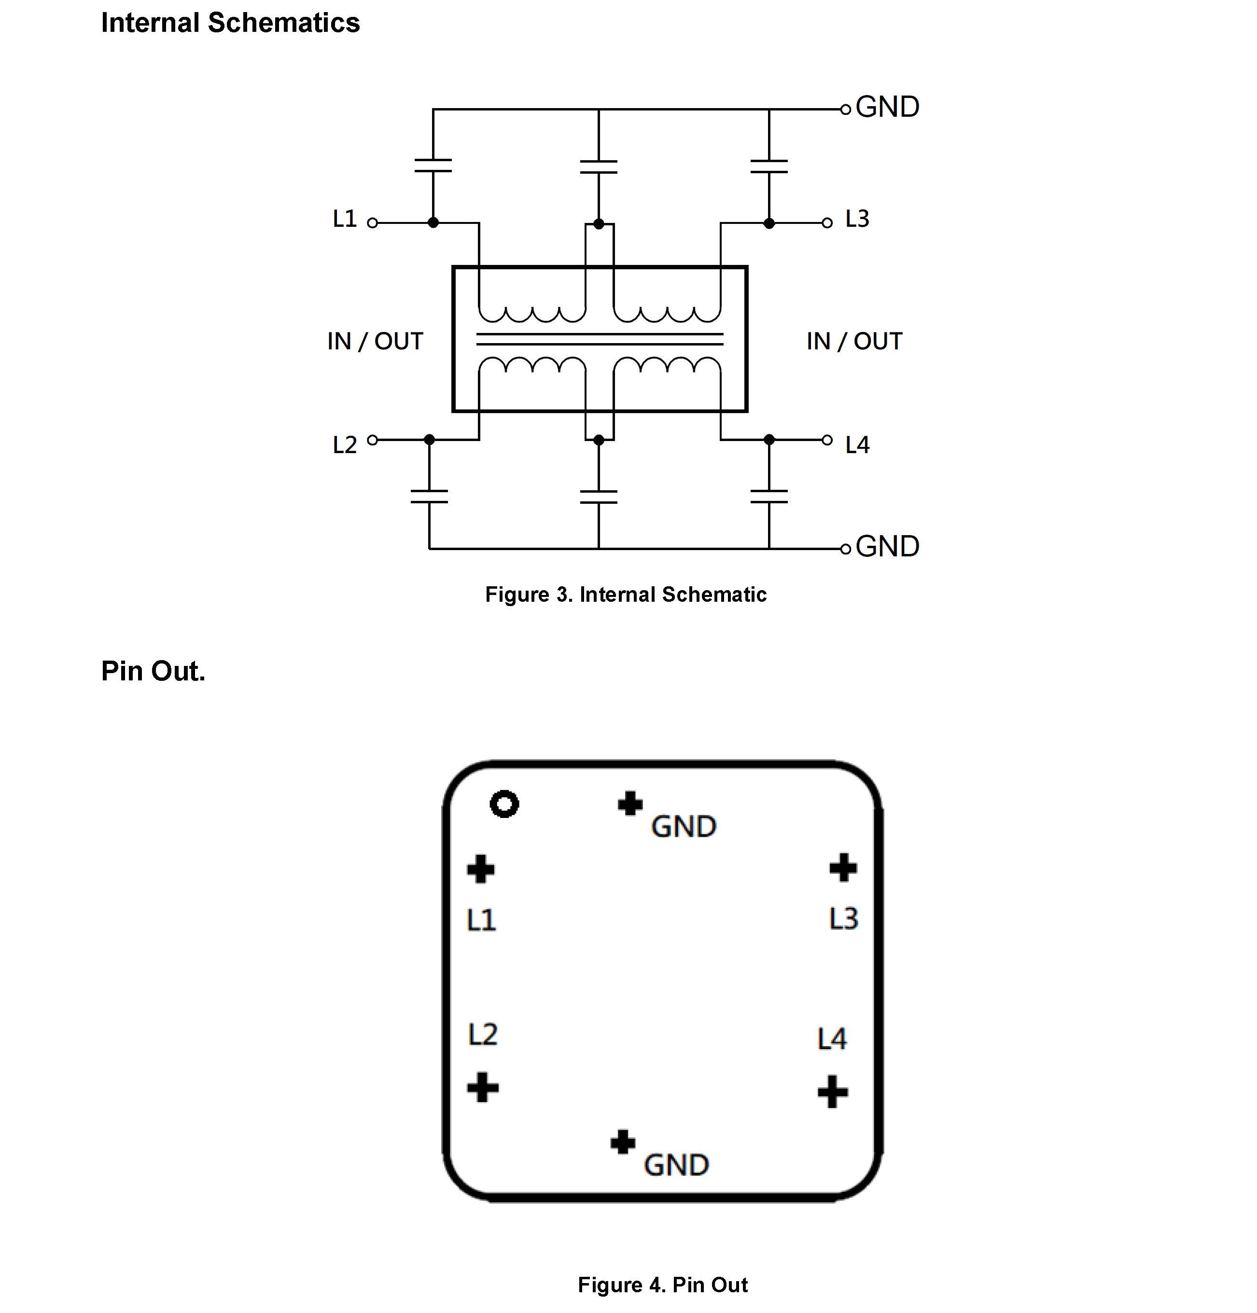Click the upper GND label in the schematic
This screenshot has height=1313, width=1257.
pyautogui.click(x=887, y=107)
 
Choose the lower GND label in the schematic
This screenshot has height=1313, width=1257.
pyautogui.click(x=887, y=547)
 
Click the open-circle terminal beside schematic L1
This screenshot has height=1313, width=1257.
pyautogui.click(x=373, y=223)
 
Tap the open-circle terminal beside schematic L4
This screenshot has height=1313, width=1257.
pyautogui.click(x=827, y=440)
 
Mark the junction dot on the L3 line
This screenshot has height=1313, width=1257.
pyautogui.click(x=769, y=223)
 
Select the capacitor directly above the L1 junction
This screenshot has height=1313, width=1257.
pyautogui.click(x=433, y=166)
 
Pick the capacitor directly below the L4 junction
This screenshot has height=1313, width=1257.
pyautogui.click(x=769, y=497)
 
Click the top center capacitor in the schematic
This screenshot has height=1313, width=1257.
pyautogui.click(x=599, y=166)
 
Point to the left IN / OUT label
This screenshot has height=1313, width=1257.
pyautogui.click(x=375, y=342)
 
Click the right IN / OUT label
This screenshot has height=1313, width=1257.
pyautogui.click(x=854, y=342)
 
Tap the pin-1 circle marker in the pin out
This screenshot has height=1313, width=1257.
pyautogui.click(x=504, y=804)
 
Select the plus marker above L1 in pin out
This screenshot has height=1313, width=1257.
pyautogui.click(x=480, y=870)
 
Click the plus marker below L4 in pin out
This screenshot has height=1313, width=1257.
pyautogui.click(x=833, y=1092)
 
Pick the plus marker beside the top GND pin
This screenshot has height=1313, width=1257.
pyautogui.click(x=630, y=803)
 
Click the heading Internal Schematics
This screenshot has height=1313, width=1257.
pyautogui.click(x=230, y=23)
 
